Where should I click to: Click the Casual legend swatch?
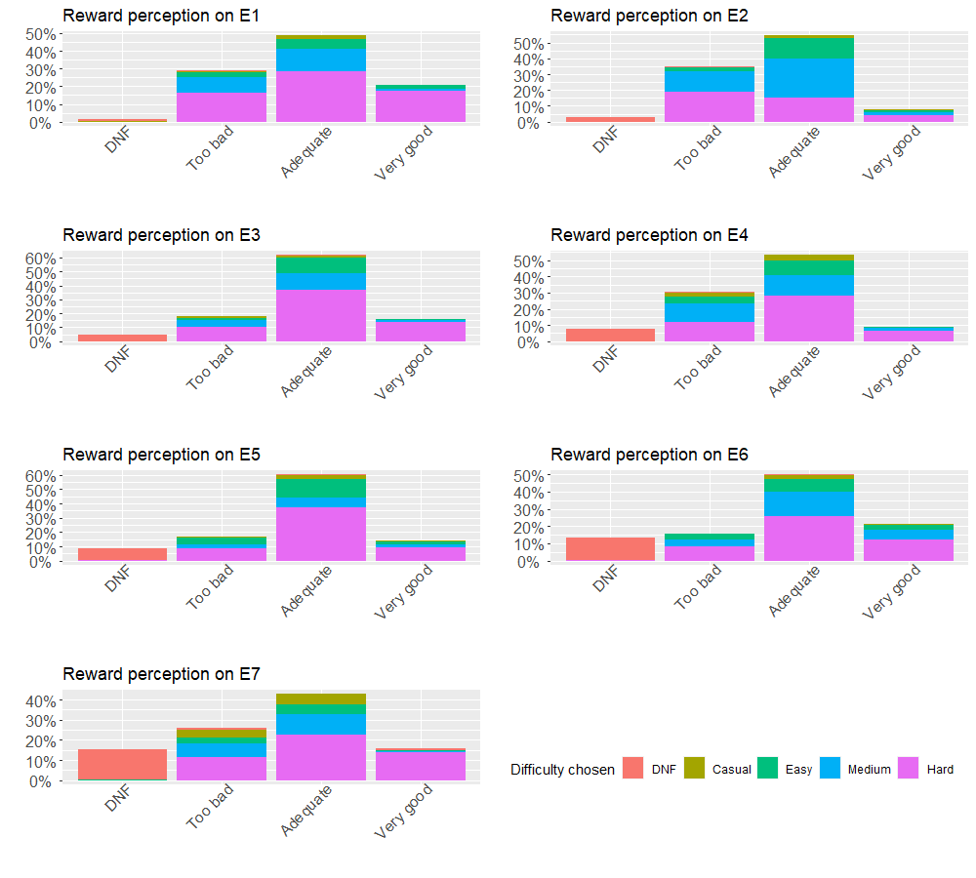point(695,769)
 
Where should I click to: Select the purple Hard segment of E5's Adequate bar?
point(321,534)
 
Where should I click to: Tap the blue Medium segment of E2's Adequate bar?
point(809,77)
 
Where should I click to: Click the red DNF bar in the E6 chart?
point(610,549)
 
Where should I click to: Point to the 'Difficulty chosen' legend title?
point(562,770)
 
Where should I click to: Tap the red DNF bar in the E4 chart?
point(610,335)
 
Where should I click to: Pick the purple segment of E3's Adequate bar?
point(321,315)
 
